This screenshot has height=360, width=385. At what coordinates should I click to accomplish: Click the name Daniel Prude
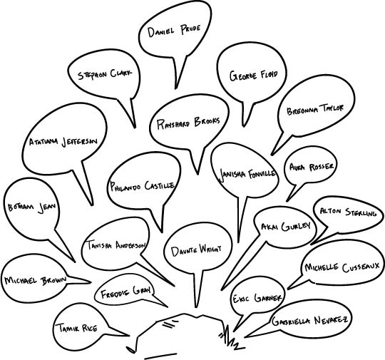tap(174, 31)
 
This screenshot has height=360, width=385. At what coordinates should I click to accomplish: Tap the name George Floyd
tap(254, 76)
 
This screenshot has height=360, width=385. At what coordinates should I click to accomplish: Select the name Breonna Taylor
tap(315, 110)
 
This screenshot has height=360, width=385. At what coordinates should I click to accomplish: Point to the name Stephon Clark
tap(105, 74)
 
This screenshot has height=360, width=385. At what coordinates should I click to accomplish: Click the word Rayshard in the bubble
tap(173, 124)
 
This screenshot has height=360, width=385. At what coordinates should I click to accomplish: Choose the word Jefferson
tap(80, 142)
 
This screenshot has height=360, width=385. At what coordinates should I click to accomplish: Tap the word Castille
tap(160, 185)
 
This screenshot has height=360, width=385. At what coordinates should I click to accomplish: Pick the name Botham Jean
tap(32, 207)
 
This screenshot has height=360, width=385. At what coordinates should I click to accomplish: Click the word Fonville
tap(262, 174)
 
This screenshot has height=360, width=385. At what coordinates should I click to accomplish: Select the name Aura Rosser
tap(312, 167)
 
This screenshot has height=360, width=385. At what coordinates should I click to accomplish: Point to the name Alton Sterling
tap(348, 212)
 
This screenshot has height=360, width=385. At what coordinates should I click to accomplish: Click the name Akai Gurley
tap(286, 226)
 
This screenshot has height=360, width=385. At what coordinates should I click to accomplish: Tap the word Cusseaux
tap(361, 267)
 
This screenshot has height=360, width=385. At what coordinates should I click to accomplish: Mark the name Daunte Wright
tap(196, 251)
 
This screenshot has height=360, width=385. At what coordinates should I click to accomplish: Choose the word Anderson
tap(130, 245)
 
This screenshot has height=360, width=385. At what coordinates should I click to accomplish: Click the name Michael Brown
tap(36, 280)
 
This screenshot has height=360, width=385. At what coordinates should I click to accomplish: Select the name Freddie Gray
tap(125, 292)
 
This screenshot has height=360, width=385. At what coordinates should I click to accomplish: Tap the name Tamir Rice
tap(76, 328)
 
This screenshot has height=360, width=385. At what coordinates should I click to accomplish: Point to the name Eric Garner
tap(257, 298)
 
